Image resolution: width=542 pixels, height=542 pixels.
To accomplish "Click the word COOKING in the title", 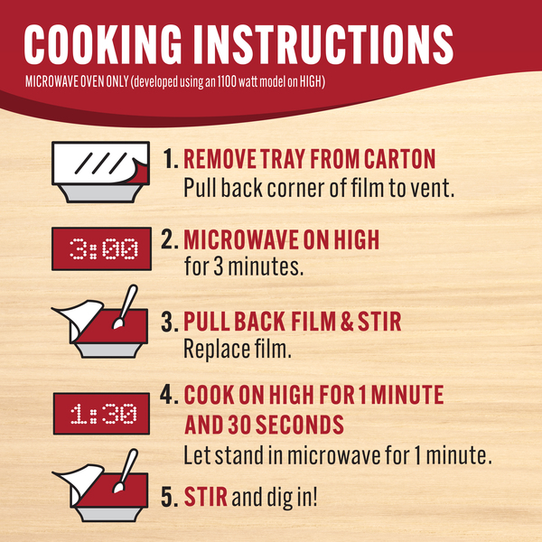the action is pyautogui.click(x=103, y=44).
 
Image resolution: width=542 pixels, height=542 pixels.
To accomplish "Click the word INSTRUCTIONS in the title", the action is pyautogui.click(x=322, y=44).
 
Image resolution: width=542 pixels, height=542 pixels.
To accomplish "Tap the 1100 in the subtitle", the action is pyautogui.click(x=227, y=82).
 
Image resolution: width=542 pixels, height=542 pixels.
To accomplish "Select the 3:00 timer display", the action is pyautogui.click(x=101, y=248).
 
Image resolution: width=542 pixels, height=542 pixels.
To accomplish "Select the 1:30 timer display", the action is pyautogui.click(x=101, y=414).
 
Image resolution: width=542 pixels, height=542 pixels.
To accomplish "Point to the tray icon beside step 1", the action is pyautogui.click(x=100, y=172).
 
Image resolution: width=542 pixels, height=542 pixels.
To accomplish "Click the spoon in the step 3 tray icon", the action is pyautogui.click(x=126, y=306).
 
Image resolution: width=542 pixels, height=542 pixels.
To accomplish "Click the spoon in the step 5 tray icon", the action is pyautogui.click(x=126, y=471).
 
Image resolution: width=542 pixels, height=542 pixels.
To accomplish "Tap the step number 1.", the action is pyautogui.click(x=171, y=159).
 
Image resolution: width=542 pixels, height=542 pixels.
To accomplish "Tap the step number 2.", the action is pyautogui.click(x=170, y=239).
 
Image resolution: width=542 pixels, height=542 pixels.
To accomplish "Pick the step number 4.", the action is pyautogui.click(x=170, y=395).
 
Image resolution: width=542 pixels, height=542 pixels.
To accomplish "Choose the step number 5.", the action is pyautogui.click(x=170, y=497).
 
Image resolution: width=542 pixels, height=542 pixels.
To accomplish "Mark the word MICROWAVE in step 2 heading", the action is pyautogui.click(x=241, y=239).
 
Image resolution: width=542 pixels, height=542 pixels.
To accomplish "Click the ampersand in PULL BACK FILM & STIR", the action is pyautogui.click(x=347, y=322).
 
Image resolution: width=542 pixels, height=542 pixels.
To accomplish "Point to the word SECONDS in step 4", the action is pyautogui.click(x=299, y=425).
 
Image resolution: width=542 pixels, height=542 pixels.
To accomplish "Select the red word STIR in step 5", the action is pyautogui.click(x=205, y=497).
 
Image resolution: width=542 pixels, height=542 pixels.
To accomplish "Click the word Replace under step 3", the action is pyautogui.click(x=217, y=349).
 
